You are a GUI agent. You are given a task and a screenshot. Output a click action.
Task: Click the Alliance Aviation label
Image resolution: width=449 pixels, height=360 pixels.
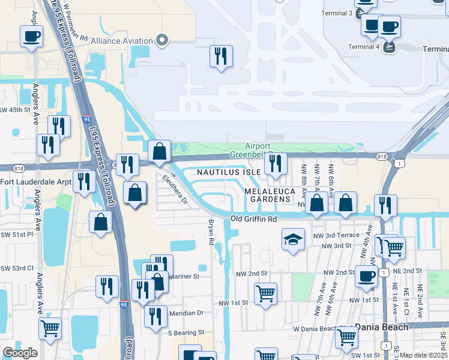click(x=121, y=41)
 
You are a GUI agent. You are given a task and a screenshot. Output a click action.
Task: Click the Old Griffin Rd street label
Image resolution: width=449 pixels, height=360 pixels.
click(x=255, y=220)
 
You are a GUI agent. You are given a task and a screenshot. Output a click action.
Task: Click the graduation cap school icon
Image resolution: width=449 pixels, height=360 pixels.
click(x=292, y=240)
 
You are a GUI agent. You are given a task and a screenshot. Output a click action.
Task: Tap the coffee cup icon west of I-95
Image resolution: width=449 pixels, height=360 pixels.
click(x=31, y=36)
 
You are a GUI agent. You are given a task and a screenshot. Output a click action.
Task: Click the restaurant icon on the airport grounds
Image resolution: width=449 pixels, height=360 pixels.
click(x=221, y=56)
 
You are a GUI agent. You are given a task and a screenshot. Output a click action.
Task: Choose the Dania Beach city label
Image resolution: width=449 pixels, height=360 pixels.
click(x=381, y=327)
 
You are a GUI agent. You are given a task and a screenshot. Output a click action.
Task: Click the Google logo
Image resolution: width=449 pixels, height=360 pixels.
click(x=20, y=352)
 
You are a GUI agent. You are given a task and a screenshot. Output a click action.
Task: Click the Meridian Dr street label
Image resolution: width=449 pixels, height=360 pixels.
click(x=186, y=313)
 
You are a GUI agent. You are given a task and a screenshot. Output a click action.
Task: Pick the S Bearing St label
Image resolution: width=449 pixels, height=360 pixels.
click(x=186, y=332)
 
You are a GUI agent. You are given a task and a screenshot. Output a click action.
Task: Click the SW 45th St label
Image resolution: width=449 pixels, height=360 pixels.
click(x=15, y=110)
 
